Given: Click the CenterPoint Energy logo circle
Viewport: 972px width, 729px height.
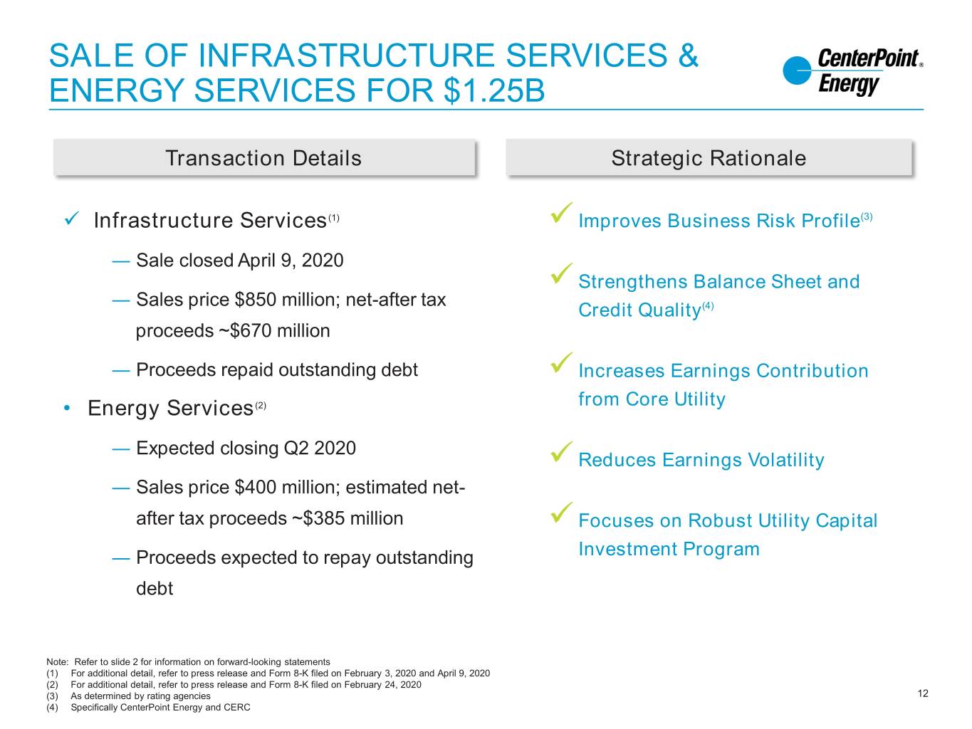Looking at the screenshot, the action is pyautogui.click(x=797, y=70).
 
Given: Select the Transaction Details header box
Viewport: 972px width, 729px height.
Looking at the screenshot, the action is pyautogui.click(x=264, y=157).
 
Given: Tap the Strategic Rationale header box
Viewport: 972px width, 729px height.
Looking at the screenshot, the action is pyautogui.click(x=709, y=157).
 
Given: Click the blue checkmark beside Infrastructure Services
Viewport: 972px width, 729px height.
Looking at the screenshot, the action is pyautogui.click(x=72, y=219).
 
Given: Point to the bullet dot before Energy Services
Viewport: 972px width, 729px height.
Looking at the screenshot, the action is pyautogui.click(x=67, y=408).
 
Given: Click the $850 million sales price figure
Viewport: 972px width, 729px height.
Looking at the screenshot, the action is pyautogui.click(x=287, y=300).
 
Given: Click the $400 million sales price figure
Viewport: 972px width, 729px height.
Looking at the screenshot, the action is pyautogui.click(x=287, y=488).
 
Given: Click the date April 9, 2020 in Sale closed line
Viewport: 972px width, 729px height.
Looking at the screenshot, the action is pyautogui.click(x=291, y=261).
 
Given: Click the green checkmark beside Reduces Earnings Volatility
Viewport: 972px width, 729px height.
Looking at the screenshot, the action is pyautogui.click(x=561, y=451).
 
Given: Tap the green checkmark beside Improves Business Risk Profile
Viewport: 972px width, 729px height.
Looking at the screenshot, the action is pyautogui.click(x=561, y=212).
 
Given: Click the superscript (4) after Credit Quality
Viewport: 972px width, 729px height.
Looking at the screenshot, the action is pyautogui.click(x=708, y=305).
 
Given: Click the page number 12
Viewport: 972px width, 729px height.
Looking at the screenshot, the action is pyautogui.click(x=922, y=693).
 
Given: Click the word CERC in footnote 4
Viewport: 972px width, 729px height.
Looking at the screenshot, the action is pyautogui.click(x=237, y=708).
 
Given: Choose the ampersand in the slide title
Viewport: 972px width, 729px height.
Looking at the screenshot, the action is pyautogui.click(x=688, y=56).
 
